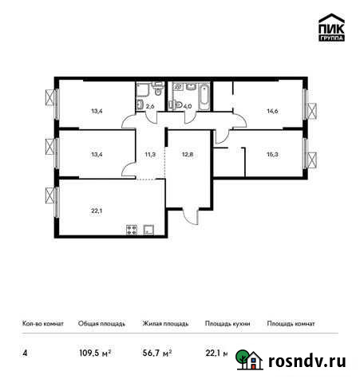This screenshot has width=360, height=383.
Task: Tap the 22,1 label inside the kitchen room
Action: tap(97, 211)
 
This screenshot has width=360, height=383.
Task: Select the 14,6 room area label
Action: tap(271, 112)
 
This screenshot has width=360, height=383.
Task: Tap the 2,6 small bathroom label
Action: tap(148, 105)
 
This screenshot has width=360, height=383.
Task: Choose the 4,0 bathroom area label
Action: tap(188, 105)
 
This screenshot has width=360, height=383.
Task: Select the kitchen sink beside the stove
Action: tap(149, 231)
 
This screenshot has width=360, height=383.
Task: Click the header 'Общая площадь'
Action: tap(101, 324)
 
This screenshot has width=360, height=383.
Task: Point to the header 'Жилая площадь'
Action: tap(165, 324)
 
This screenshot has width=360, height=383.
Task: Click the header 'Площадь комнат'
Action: tap(291, 324)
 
